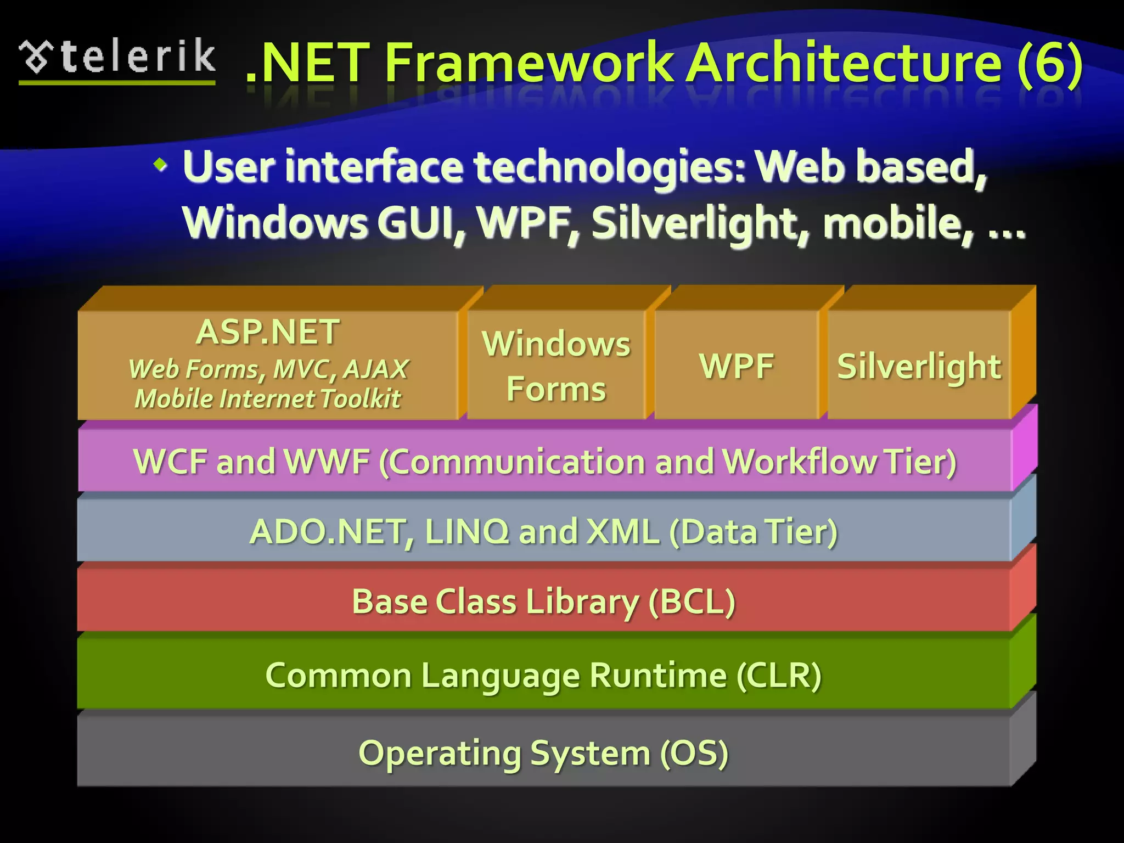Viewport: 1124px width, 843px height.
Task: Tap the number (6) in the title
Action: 1049,63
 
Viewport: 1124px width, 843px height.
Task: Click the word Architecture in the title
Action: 845,63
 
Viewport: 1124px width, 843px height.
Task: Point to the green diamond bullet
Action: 160,164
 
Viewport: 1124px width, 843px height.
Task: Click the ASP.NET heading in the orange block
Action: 268,332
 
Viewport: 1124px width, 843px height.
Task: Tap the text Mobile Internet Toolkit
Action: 268,399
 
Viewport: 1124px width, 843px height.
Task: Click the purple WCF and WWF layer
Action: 544,461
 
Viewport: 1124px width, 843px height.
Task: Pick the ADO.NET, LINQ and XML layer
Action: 543,531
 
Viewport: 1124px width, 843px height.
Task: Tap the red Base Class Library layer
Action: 543,602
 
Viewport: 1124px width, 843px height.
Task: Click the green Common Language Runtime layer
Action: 543,675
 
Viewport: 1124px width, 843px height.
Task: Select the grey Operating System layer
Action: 543,752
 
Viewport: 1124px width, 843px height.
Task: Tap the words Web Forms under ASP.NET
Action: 194,369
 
